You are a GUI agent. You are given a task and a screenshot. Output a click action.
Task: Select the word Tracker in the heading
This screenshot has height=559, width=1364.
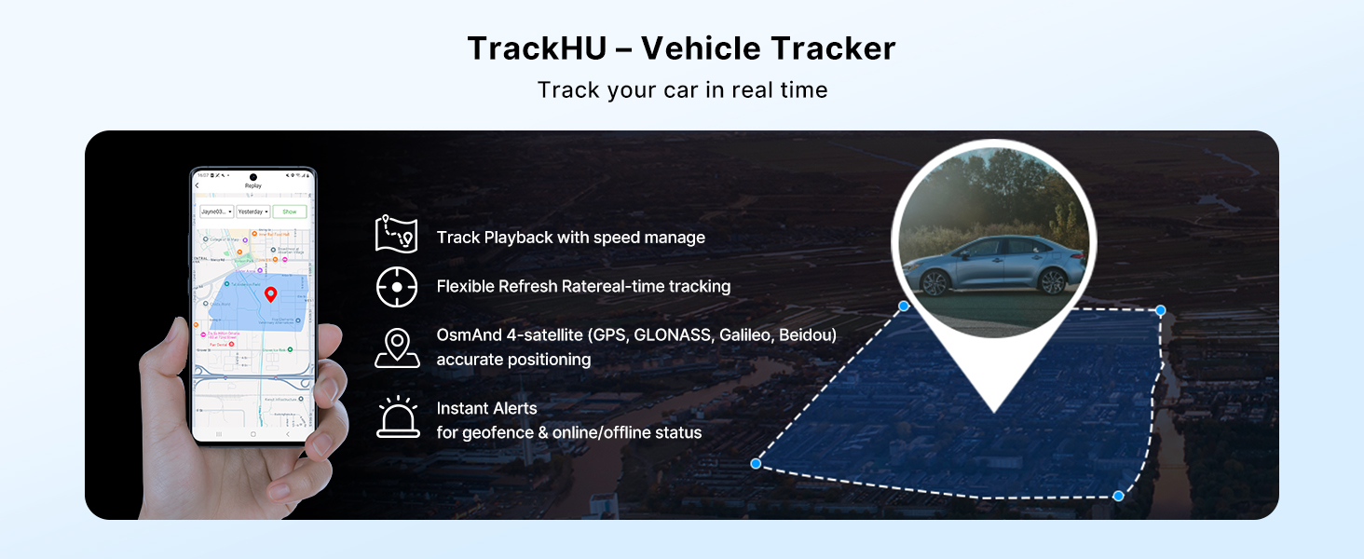pos(829,48)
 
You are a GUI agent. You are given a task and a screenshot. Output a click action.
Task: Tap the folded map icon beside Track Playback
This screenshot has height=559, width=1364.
pos(396,234)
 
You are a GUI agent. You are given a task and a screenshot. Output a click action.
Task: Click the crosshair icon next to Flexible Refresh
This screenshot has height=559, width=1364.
pos(397,286)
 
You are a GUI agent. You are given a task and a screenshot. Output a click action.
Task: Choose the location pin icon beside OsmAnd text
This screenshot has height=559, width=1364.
pos(397,347)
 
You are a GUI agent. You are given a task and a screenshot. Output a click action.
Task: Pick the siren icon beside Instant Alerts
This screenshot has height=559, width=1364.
pos(398,417)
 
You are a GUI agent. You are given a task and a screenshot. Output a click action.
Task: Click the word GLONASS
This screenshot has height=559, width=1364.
pos(672,335)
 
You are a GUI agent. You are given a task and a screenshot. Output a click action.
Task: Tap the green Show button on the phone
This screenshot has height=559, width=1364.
pos(290,211)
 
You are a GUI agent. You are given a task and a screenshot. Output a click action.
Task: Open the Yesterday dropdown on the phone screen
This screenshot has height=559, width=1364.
pos(252,211)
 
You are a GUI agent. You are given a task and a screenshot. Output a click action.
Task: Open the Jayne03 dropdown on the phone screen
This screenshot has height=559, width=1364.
pos(216,211)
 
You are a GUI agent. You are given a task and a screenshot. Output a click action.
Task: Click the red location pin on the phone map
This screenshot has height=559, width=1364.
pos(270,295)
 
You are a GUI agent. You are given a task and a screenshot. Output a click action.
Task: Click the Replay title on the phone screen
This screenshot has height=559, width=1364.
pos(253,186)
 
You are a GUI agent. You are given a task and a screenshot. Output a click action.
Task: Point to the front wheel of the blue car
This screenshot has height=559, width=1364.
pos(1053,280)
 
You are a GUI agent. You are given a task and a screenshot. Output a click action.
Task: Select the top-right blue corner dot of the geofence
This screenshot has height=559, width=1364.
pos(1160,310)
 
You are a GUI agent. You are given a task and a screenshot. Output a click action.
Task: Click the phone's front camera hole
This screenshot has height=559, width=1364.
pos(252,175)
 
